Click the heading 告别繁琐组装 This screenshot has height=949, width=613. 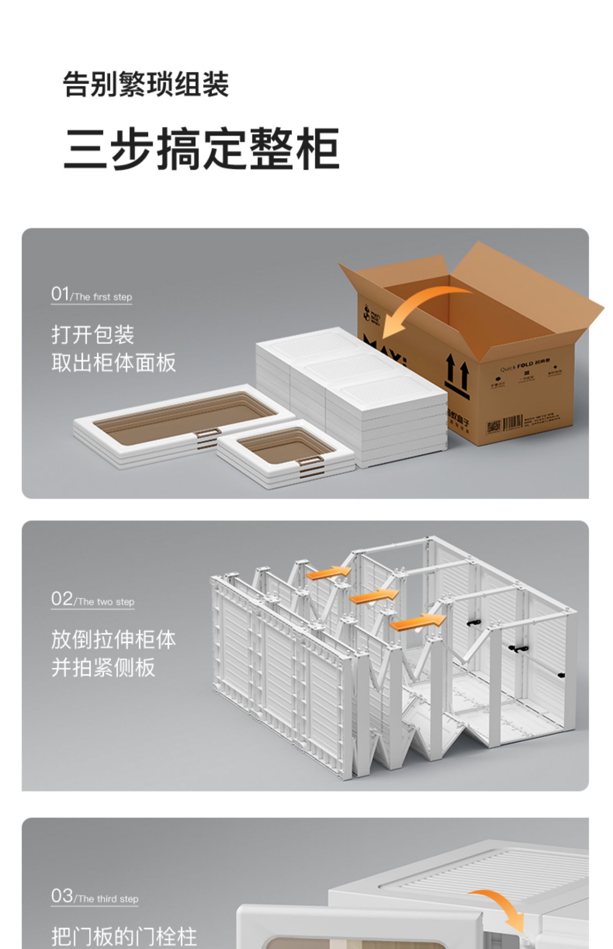[145, 84]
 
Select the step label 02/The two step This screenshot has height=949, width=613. [93, 600]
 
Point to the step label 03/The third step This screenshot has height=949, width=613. [94, 896]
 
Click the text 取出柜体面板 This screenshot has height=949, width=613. [114, 362]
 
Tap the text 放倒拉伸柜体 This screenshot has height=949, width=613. [114, 640]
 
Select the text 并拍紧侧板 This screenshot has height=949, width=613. [103, 667]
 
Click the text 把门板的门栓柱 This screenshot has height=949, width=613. [124, 936]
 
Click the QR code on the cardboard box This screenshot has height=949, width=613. [493, 427]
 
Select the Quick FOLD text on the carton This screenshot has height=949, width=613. [517, 366]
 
